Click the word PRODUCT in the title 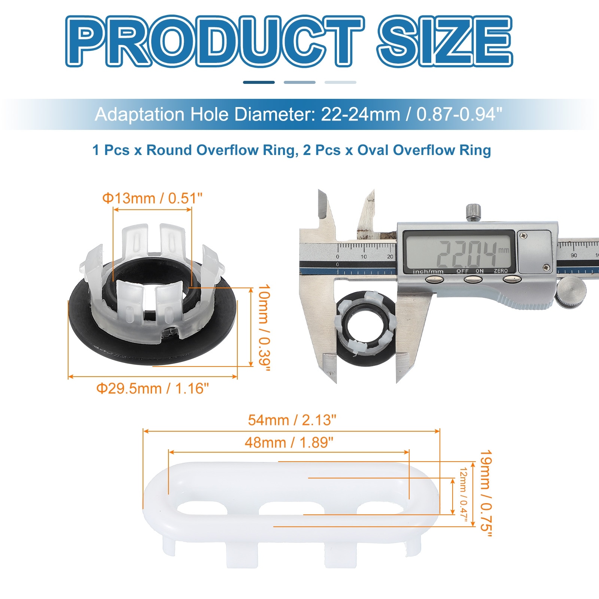[215, 41]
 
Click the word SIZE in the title [445, 41]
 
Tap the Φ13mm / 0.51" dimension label [152, 198]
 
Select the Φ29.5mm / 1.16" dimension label [152, 389]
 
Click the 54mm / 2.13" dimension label [292, 420]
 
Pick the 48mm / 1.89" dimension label [289, 443]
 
